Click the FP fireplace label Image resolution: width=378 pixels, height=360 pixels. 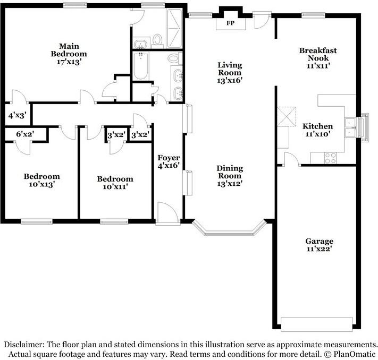[230, 24]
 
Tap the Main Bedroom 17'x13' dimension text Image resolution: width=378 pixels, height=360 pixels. [69, 61]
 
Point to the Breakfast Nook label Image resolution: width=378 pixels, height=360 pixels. [318, 54]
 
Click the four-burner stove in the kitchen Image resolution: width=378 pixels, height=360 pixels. [330, 157]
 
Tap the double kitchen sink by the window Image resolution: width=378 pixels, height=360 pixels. [350, 126]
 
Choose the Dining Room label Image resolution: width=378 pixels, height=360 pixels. [230, 172]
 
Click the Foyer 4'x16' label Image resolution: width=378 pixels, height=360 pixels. [168, 162]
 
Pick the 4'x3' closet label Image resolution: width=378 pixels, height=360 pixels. [16, 115]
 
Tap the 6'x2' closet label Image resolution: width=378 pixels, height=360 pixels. [24, 134]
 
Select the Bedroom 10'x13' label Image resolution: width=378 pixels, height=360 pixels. [41, 181]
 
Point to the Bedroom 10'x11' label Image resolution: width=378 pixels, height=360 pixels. [115, 183]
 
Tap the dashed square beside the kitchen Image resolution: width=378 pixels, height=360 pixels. [287, 115]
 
